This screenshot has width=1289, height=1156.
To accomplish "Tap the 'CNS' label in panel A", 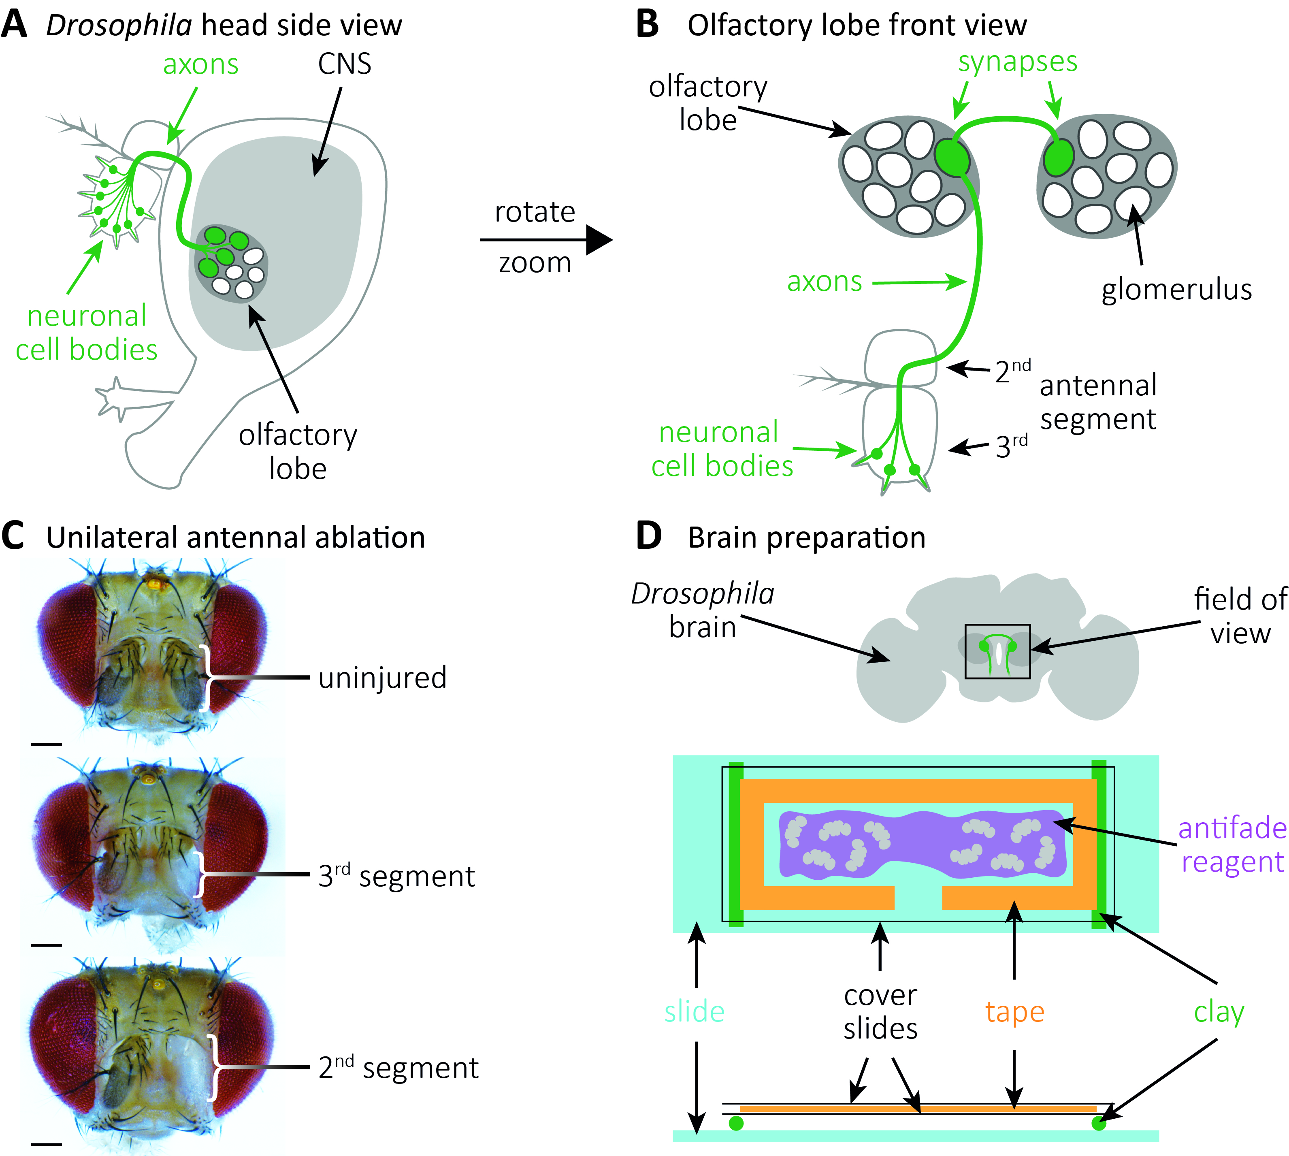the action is tap(344, 64).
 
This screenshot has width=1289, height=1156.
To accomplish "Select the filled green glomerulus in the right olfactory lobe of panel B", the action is tap(1059, 156).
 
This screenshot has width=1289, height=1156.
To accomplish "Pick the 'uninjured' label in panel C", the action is tap(382, 678).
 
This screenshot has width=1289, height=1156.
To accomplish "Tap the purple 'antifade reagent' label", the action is tap(1232, 845).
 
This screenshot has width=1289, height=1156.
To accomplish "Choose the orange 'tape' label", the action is tap(1015, 1011).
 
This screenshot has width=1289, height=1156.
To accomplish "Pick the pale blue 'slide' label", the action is tap(695, 1011).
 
